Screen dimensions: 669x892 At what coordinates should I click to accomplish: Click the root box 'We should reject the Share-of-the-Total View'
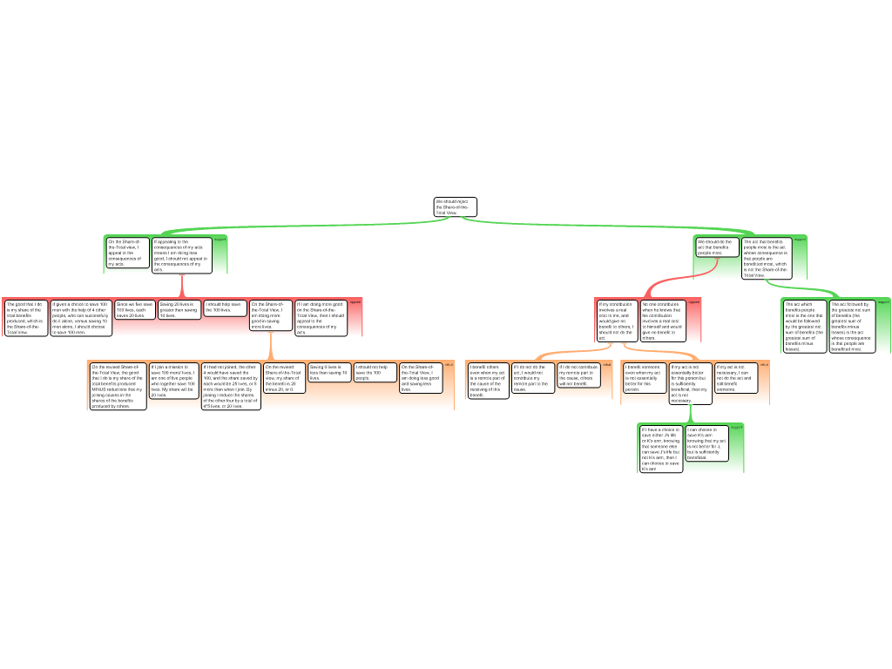456,207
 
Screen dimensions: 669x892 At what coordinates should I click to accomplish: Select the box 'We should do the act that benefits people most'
717,247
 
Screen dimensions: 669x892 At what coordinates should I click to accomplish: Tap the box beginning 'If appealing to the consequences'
182,255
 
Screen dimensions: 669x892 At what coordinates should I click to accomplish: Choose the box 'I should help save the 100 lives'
224,308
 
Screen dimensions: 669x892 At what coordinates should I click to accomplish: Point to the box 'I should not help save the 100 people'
375,372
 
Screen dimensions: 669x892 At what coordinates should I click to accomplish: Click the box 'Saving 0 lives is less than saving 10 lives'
329,372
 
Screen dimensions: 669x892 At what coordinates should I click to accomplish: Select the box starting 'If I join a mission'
172,381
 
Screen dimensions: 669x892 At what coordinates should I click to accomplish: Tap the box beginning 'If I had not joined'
231,386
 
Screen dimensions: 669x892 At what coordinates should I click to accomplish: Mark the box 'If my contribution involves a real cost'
618,321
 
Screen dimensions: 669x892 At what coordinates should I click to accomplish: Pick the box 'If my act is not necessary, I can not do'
736,378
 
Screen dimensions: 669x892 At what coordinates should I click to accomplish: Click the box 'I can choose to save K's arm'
706,443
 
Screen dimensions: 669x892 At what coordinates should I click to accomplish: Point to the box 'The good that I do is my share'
25,318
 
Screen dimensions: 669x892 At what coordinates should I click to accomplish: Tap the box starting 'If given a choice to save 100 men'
80,318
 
